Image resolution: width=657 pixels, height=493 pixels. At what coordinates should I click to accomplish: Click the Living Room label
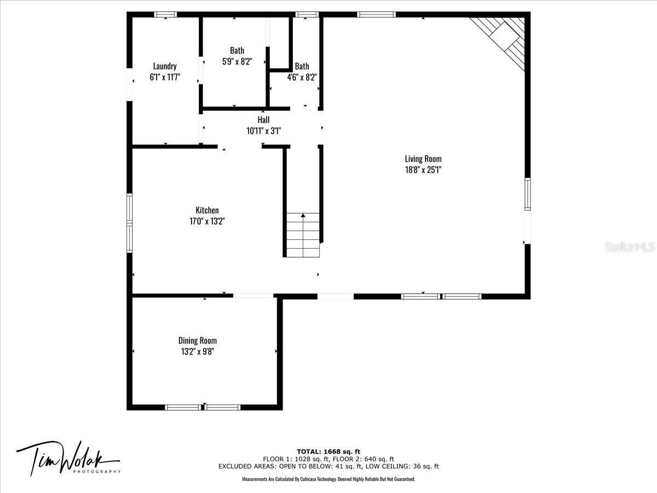(x=423, y=159)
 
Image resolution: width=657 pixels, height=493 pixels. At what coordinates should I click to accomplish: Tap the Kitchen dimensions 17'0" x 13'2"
(x=207, y=221)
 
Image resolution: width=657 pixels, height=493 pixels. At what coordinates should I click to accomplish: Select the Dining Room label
(x=198, y=340)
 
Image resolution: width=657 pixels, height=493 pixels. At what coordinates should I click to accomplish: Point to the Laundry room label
(x=165, y=66)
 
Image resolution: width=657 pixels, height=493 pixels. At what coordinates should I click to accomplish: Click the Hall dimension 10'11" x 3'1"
(x=264, y=131)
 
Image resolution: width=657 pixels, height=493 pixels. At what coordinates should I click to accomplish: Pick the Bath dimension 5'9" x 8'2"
(x=237, y=61)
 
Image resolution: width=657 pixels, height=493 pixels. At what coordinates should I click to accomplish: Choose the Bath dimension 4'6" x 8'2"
(x=302, y=77)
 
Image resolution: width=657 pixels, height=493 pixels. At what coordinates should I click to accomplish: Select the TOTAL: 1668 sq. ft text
(x=328, y=451)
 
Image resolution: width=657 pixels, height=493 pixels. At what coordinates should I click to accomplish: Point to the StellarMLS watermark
(x=630, y=246)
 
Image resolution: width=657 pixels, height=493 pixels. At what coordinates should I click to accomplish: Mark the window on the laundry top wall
(x=165, y=14)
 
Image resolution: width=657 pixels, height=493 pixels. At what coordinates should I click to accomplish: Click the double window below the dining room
(x=203, y=407)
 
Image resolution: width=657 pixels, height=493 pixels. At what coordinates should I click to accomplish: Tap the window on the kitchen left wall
(x=129, y=223)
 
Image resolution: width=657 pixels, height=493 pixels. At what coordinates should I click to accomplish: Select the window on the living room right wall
(x=527, y=194)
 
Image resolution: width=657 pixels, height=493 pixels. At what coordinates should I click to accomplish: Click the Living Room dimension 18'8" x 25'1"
(x=423, y=170)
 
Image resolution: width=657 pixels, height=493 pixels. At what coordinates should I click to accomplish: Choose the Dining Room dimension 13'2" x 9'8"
(x=198, y=352)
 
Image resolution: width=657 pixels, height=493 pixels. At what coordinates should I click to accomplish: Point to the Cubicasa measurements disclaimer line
(x=328, y=479)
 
